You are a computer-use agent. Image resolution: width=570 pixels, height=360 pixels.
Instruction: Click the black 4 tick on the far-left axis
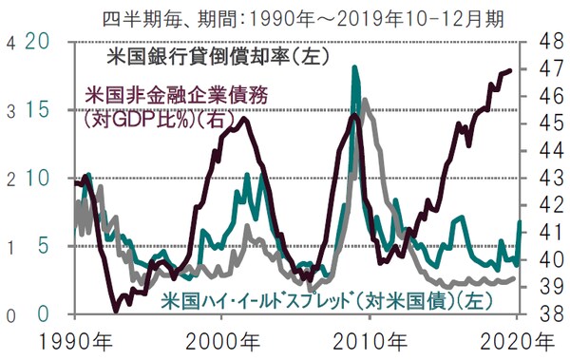pos(9,42)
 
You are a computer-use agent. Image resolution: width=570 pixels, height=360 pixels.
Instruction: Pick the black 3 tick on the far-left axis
pos(9,110)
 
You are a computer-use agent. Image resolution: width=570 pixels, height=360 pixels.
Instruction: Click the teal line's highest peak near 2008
pos(354,67)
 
